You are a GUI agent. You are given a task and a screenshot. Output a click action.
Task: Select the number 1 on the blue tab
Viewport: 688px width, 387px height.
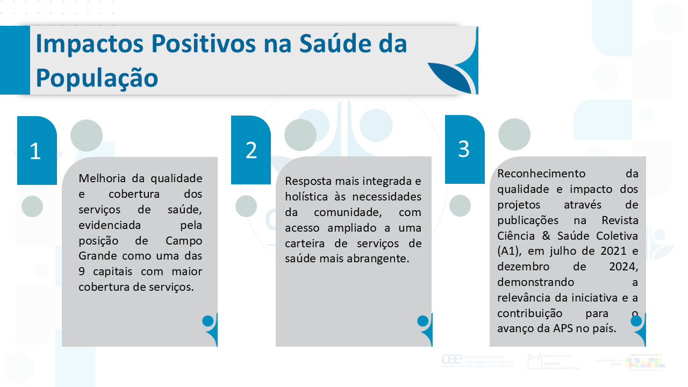pos(35,152)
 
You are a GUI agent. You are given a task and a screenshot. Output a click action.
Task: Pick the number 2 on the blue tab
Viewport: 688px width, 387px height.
pos(251,151)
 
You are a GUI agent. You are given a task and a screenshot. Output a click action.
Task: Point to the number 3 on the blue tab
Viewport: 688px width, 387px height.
pos(464,149)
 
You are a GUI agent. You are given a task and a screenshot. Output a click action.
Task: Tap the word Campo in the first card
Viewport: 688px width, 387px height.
pos(184,240)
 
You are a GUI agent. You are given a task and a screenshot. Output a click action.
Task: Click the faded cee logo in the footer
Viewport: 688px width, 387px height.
pos(451,360)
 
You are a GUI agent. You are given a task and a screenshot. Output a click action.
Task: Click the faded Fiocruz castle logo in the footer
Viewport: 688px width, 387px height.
pos(535,361)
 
